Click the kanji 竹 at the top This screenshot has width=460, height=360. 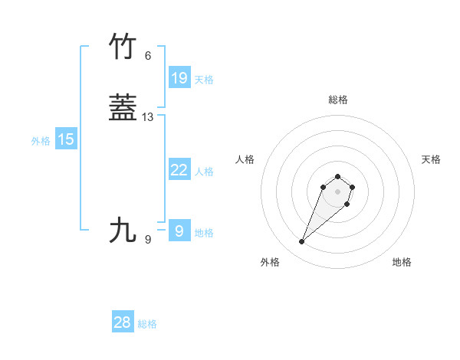123,47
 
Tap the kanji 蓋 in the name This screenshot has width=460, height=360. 123,108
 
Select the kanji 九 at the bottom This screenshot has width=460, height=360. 123,230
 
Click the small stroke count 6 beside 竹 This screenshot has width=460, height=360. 148,56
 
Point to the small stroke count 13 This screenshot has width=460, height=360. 148,117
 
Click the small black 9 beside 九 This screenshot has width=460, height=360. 148,240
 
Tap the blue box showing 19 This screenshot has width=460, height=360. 179,77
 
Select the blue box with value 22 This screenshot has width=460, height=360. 179,170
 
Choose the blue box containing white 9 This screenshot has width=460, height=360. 179,231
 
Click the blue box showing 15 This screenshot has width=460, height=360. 66,139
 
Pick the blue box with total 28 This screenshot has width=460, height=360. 123,322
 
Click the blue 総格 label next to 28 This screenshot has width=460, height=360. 147,324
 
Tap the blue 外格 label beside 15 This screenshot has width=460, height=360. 41,141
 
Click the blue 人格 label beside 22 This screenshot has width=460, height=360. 204,172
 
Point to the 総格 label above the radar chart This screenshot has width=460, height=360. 337,100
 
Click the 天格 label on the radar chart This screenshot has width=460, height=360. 431,159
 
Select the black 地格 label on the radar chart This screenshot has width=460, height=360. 402,262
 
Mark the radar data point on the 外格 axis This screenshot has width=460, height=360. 301,242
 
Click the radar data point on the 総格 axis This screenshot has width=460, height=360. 337,175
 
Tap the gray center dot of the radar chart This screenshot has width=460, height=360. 337,191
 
